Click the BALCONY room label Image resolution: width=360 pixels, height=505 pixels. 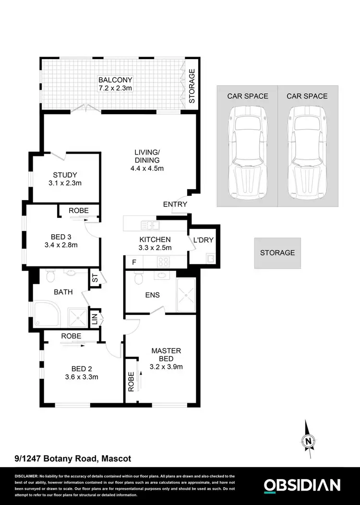(115, 80)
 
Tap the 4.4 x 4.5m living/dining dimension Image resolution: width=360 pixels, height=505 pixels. (147, 168)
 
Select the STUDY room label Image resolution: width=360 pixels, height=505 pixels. (65, 175)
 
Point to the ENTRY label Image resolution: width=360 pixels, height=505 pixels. (175, 204)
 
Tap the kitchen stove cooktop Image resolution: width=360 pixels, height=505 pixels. (162, 262)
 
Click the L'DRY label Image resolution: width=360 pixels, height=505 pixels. (203, 240)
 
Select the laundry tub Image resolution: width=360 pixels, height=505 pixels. (210, 259)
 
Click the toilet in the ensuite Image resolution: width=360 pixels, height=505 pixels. (139, 278)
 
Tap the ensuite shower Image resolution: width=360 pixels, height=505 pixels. (187, 293)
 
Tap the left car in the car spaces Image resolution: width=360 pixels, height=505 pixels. (247, 153)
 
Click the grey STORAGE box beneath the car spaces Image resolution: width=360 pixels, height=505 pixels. (277, 252)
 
